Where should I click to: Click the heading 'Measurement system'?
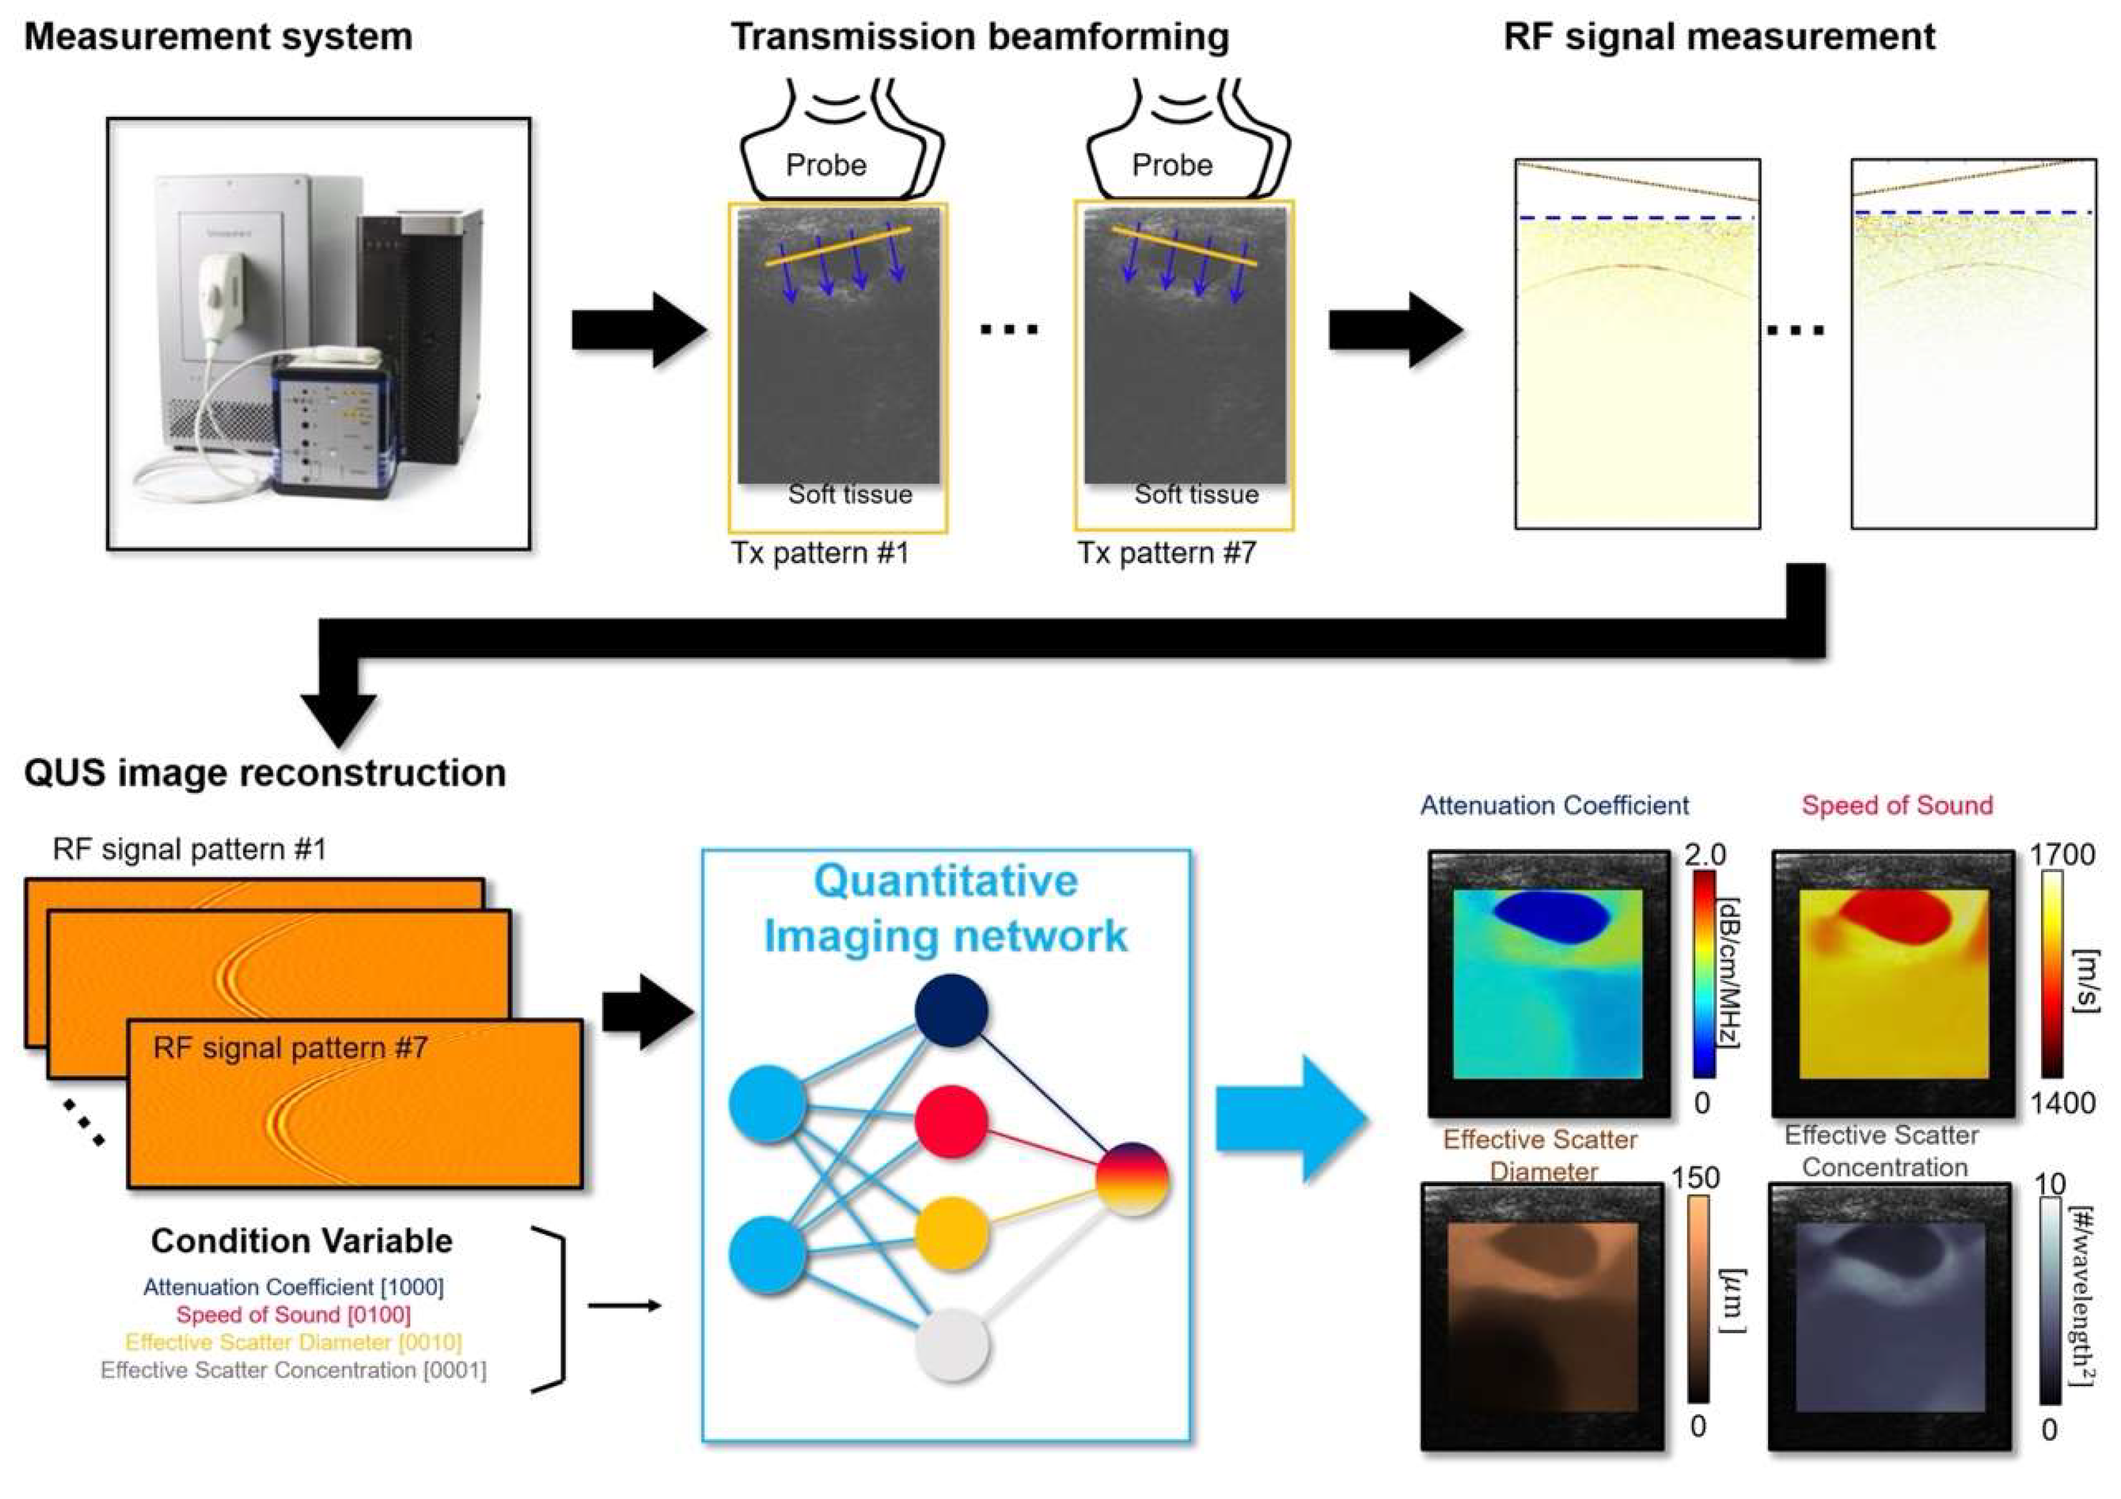(218, 37)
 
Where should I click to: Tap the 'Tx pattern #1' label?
(821, 553)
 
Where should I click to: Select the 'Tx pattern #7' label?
(1167, 553)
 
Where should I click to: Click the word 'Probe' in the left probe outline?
(826, 165)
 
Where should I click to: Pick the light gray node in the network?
(951, 1345)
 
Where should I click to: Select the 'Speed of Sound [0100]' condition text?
(293, 1315)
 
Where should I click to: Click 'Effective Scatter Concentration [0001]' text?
(293, 1370)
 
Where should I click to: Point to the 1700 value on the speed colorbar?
(2062, 855)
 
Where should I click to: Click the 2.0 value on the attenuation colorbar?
(1704, 855)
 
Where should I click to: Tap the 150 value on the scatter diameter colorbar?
(1695, 1178)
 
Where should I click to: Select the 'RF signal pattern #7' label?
(290, 1048)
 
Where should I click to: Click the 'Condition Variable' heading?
(301, 1240)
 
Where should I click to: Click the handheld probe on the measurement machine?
(222, 286)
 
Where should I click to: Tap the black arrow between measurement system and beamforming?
(637, 330)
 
